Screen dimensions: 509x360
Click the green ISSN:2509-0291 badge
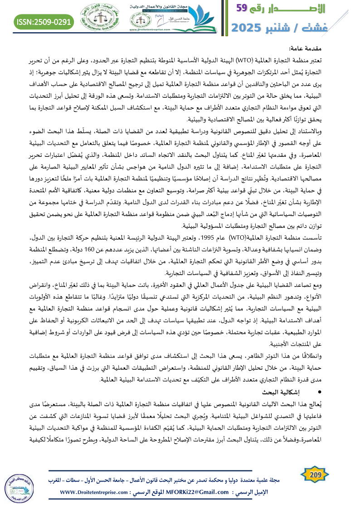44,22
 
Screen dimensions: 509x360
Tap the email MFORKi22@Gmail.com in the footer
204,492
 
